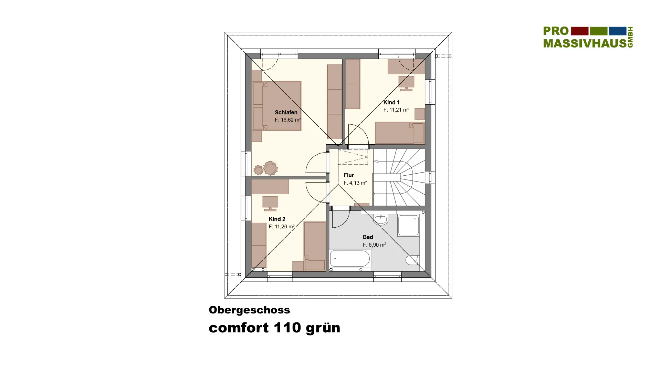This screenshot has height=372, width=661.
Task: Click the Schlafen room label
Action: (286, 112)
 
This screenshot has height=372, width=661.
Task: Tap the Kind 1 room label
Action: (391, 102)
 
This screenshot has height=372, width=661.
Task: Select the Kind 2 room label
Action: (277, 219)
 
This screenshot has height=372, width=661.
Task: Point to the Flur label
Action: (348, 175)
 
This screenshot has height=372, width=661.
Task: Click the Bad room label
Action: (368, 237)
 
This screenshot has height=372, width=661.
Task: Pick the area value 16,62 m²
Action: (287, 120)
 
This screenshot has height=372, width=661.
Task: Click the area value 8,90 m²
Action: (374, 245)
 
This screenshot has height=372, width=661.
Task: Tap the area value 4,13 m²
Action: (355, 183)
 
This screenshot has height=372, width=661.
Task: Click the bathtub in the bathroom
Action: (350, 259)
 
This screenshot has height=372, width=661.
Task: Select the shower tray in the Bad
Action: (409, 225)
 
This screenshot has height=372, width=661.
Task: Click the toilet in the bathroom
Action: (412, 260)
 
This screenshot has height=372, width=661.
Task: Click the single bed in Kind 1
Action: (400, 133)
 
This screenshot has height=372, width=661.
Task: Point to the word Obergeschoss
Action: (249, 310)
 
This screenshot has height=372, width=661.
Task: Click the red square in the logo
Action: (580, 31)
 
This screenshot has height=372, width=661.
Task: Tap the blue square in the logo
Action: (618, 31)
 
